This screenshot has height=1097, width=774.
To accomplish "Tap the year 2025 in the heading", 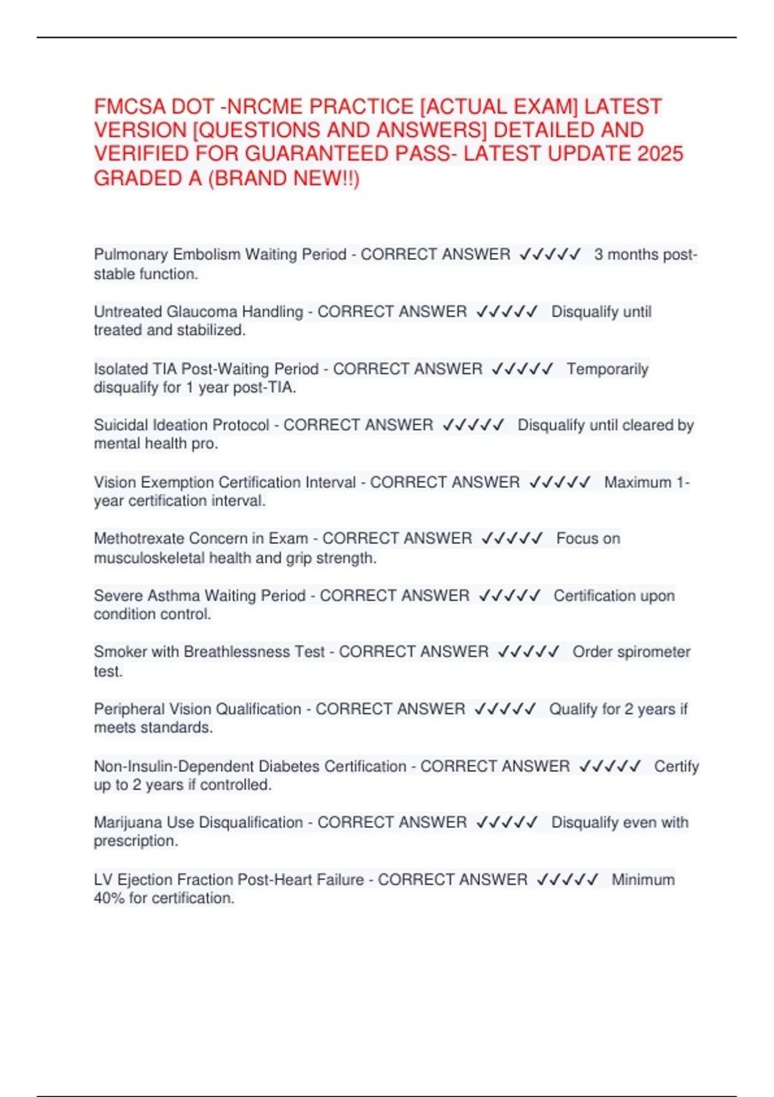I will click(x=660, y=154).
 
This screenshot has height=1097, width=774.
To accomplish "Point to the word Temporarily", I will click(x=608, y=369).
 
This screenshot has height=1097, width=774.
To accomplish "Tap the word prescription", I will click(x=135, y=841).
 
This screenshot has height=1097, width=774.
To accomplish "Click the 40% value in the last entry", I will click(x=109, y=898).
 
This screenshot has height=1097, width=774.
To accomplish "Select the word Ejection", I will click(x=144, y=880).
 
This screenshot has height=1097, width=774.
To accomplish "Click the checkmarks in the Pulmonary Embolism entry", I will click(x=550, y=254).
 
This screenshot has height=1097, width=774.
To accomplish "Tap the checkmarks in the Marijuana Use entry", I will click(x=507, y=823).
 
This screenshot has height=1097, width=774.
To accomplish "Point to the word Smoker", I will click(x=120, y=652).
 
